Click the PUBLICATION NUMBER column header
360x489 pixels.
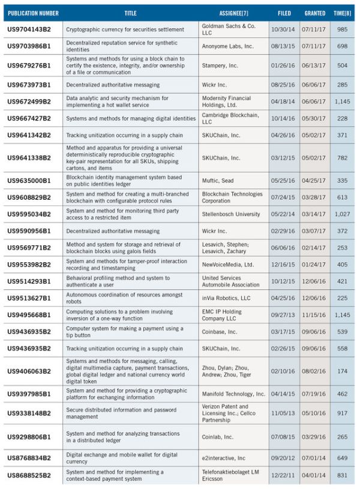click(x=33, y=13)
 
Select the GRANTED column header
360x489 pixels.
click(x=314, y=13)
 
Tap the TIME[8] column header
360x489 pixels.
click(x=341, y=13)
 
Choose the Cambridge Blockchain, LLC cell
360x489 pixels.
click(x=233, y=118)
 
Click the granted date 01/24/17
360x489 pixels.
click(x=314, y=265)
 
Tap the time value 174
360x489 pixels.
click(x=342, y=370)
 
